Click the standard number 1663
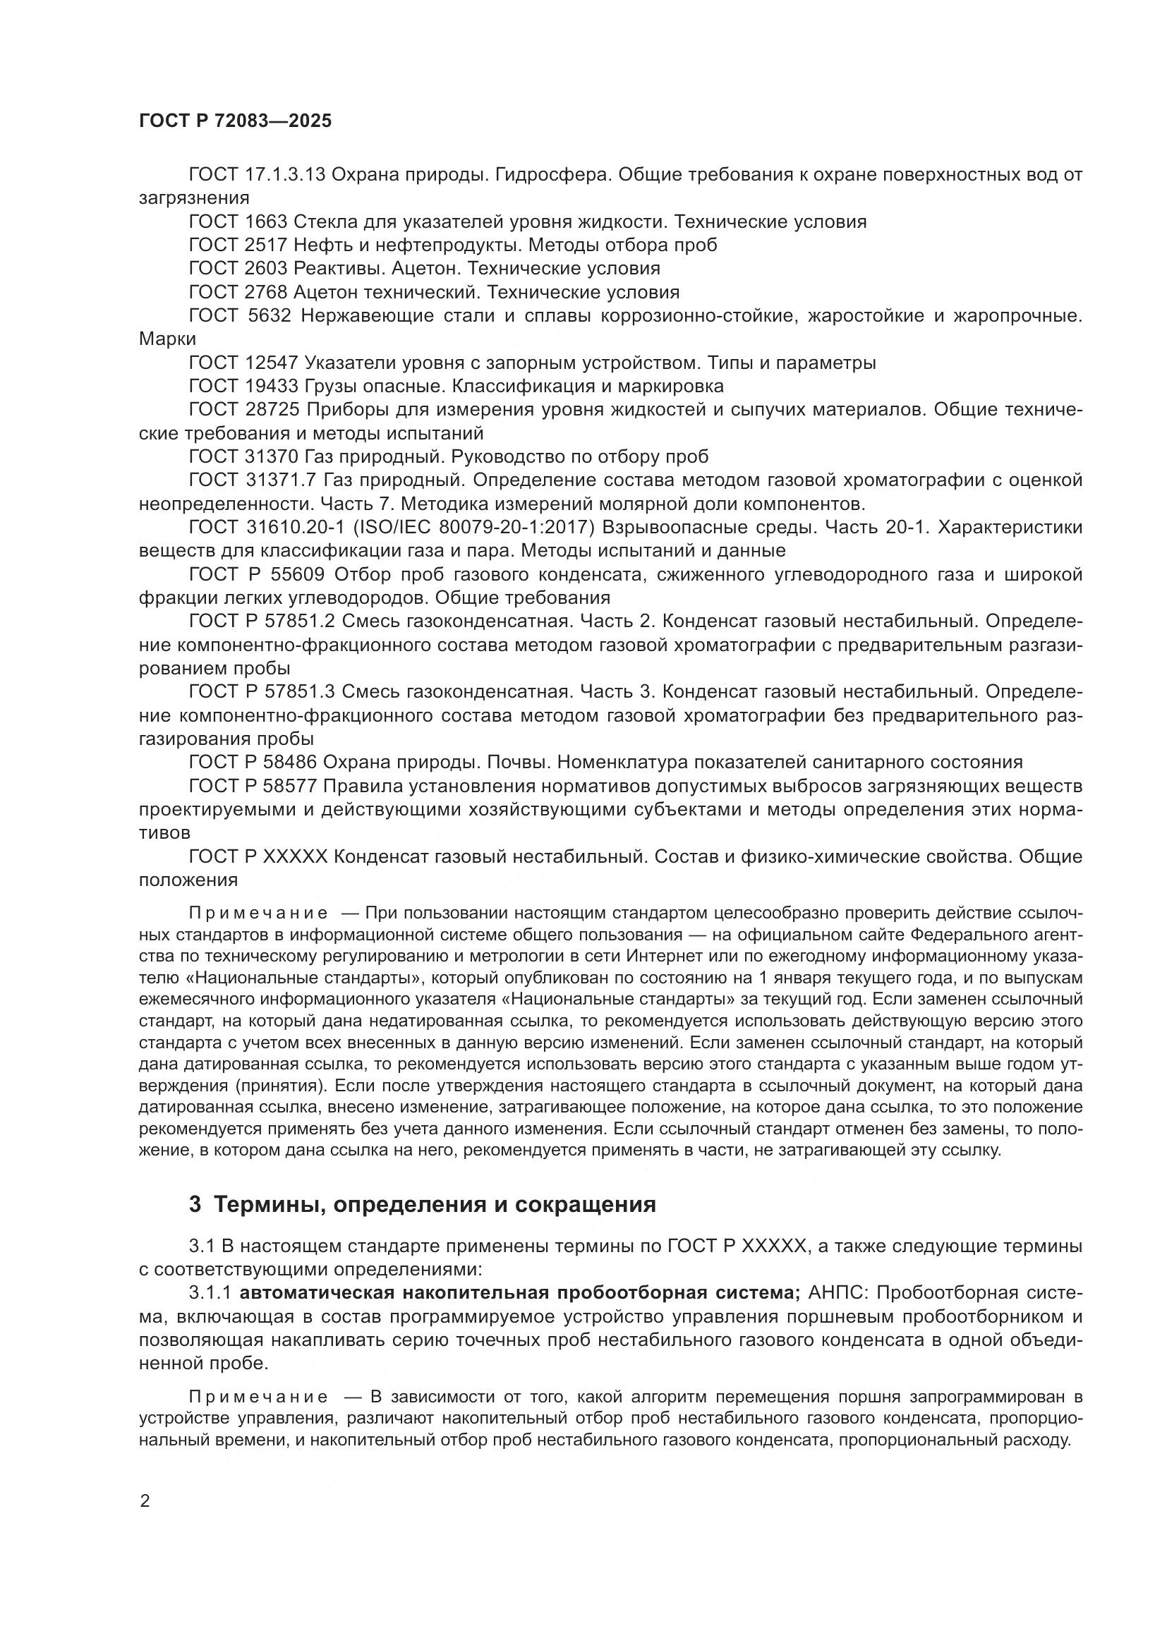[265, 222]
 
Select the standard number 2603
[265, 269]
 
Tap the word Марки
[167, 339]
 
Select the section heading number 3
[195, 1204]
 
